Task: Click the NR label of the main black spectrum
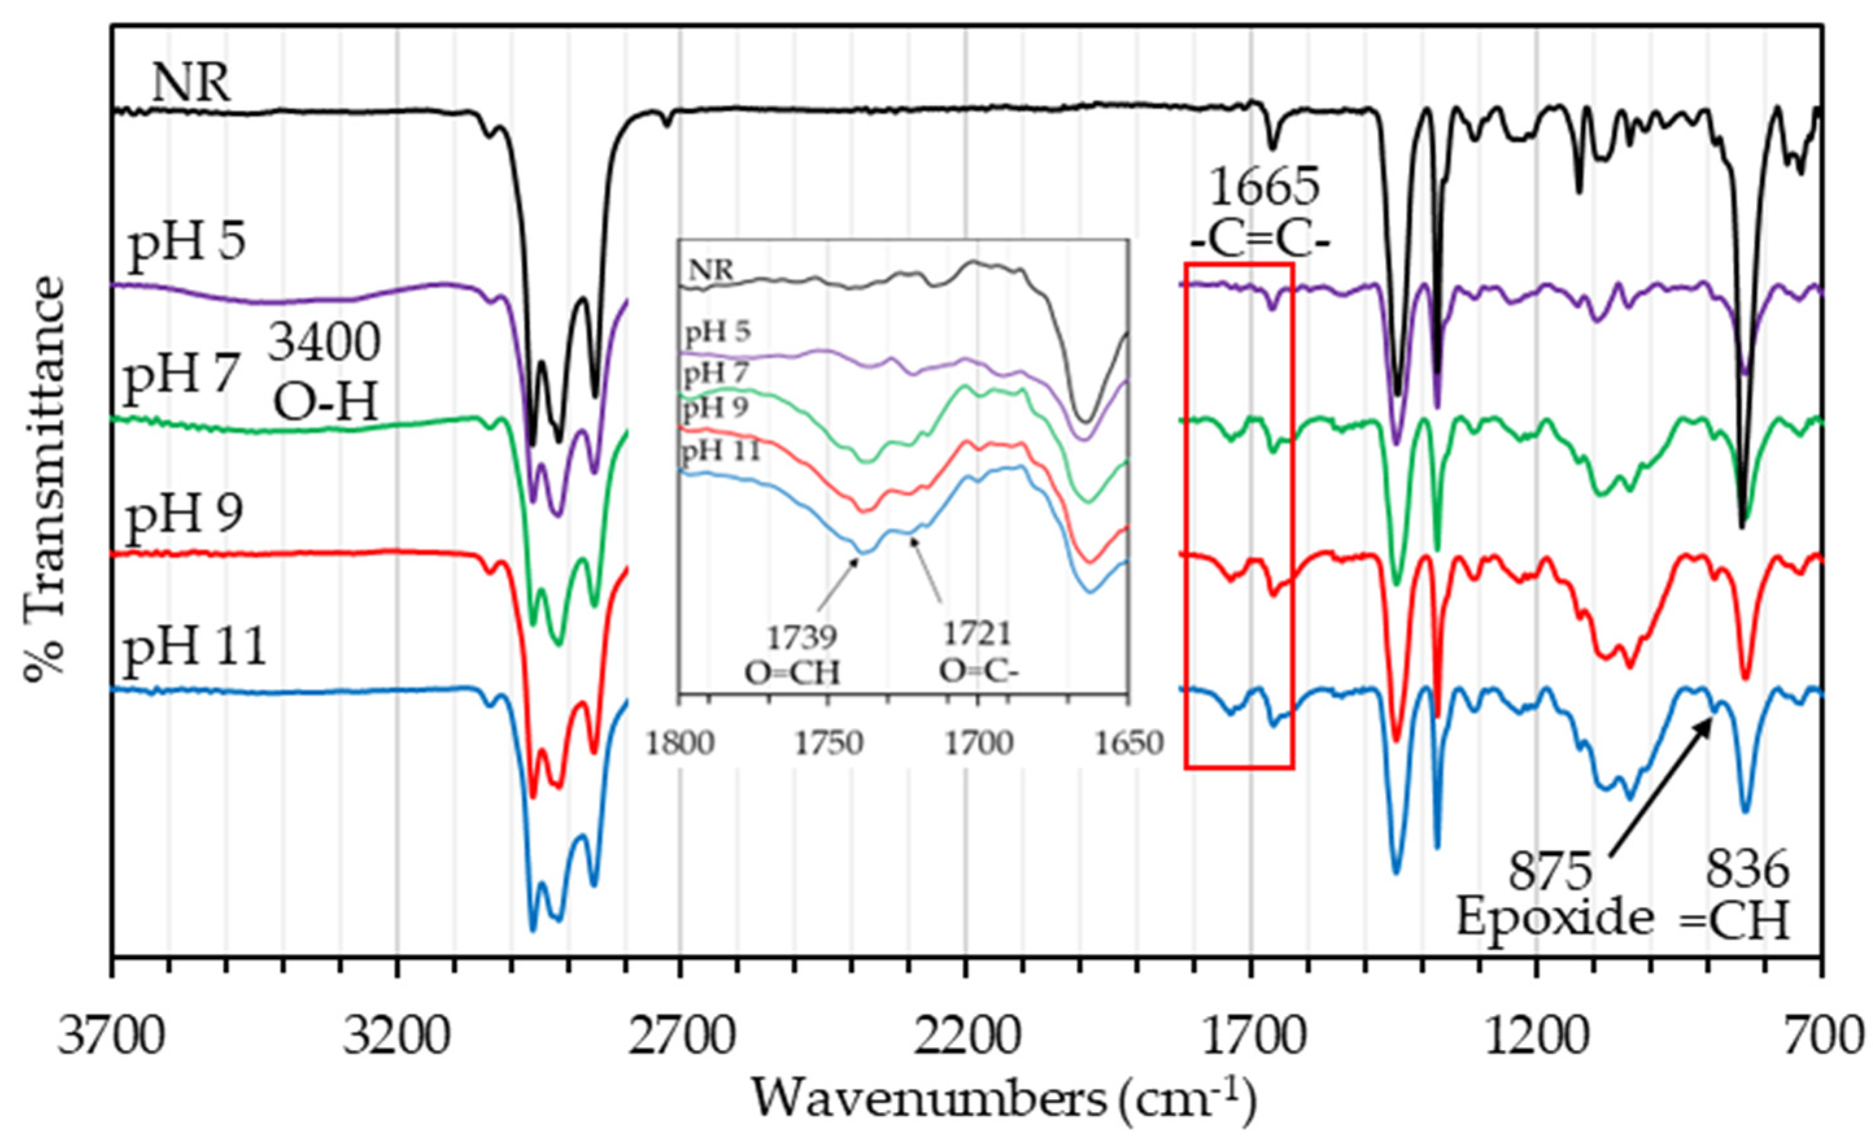(191, 84)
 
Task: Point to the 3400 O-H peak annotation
(326, 372)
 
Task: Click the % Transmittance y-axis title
(45, 479)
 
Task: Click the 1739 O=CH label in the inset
(792, 656)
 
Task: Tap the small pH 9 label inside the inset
(716, 409)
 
